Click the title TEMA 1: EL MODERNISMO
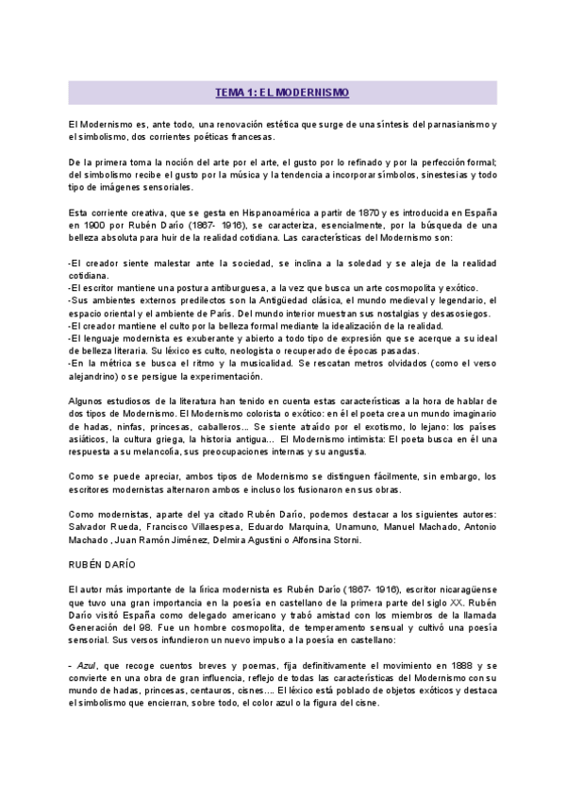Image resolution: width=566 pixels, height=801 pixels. tap(282, 93)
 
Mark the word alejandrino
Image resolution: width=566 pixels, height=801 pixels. tap(98, 374)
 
